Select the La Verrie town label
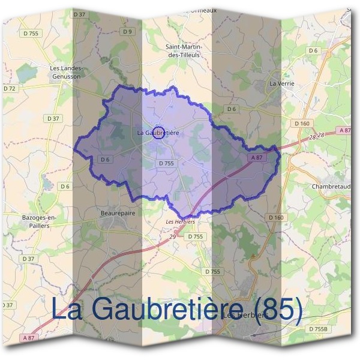point(281,83)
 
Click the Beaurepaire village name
point(115,212)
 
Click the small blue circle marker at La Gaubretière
point(158,133)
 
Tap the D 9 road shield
point(127,31)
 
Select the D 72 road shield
point(10,89)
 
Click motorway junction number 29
point(172,238)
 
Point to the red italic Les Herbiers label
point(181,221)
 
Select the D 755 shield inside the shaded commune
point(166,163)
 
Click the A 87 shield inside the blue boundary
point(256,157)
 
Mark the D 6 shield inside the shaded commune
point(105,159)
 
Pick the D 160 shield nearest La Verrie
point(302,124)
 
